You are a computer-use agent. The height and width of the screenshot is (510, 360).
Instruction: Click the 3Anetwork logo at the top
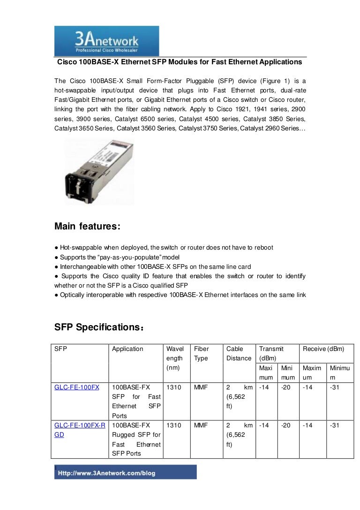(x=107, y=41)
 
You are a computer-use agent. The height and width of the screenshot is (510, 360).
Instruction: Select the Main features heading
(x=87, y=227)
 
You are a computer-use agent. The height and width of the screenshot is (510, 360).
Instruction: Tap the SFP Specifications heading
(x=100, y=327)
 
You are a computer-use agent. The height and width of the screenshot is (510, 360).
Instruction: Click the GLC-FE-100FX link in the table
(x=76, y=387)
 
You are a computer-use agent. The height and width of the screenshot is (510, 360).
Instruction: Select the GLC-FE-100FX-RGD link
(x=79, y=430)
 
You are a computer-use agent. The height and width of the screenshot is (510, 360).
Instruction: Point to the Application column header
(x=127, y=349)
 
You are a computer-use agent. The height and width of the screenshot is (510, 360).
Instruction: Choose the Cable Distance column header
(x=239, y=354)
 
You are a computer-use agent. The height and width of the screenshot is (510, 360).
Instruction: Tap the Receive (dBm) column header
(x=323, y=349)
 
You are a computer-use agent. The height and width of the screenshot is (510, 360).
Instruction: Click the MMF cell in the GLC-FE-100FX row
(x=201, y=387)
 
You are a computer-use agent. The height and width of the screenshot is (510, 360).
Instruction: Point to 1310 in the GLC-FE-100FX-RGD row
(x=173, y=426)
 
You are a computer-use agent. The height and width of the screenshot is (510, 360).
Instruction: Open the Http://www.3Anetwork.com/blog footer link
(x=106, y=473)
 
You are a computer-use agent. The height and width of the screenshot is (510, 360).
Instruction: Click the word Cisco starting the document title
(x=67, y=62)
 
